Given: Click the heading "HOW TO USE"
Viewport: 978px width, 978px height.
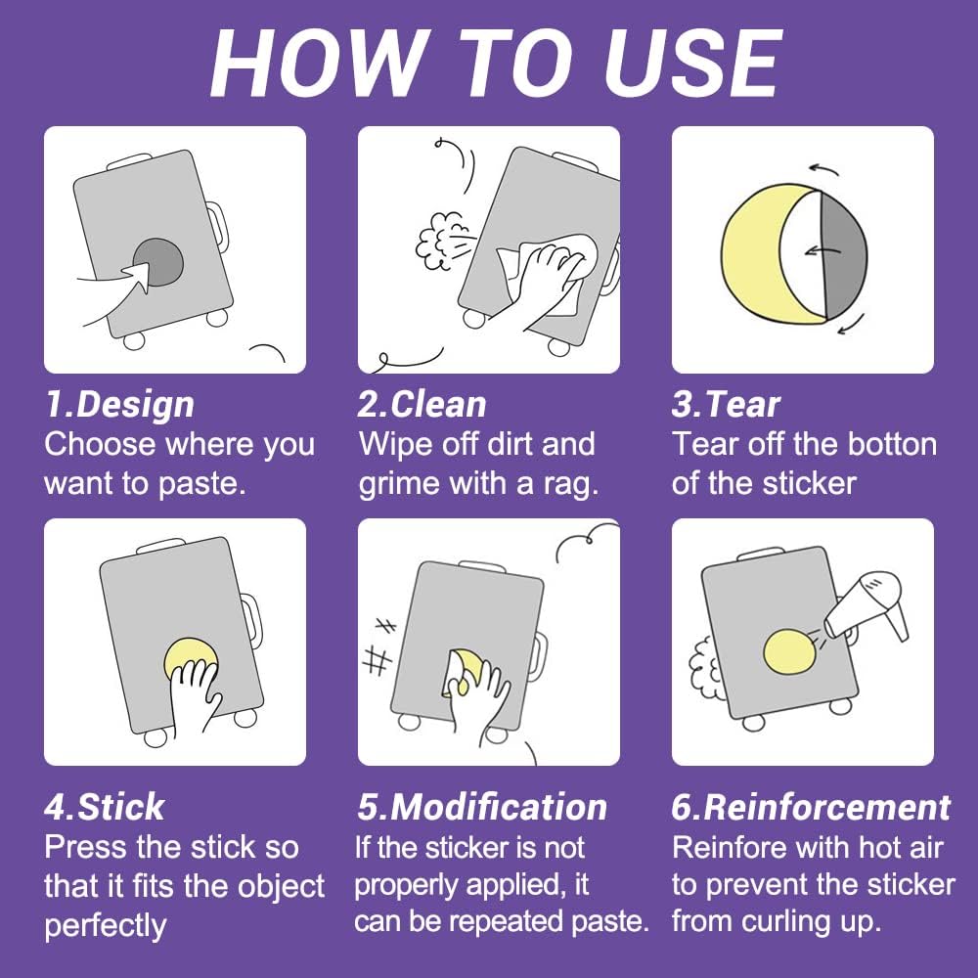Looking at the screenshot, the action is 496,65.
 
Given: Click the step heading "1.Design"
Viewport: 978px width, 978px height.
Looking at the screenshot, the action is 119,405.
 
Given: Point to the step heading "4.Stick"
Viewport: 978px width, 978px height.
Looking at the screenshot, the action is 105,807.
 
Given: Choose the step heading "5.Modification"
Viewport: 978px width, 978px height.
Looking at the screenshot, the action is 482,807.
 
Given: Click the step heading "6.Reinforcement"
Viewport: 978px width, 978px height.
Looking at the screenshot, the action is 811,807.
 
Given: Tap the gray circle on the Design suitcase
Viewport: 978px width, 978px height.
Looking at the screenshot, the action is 158,262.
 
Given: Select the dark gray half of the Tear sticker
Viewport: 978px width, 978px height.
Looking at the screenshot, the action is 843,255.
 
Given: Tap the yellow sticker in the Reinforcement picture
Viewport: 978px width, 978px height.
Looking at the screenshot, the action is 789,651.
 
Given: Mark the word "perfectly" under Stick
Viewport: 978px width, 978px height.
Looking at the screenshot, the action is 106,925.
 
